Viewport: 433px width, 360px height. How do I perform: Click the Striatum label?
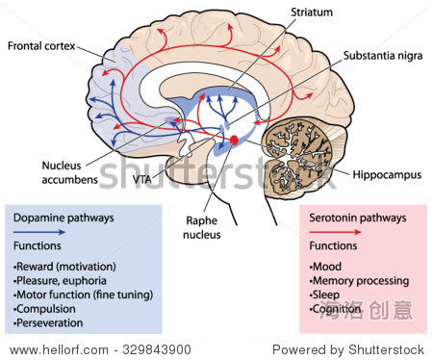coord(312,13)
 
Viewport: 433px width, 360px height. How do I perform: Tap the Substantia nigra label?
coord(383,56)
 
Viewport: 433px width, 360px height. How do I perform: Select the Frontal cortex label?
coord(41,46)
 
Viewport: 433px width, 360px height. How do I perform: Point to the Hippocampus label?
coord(387,175)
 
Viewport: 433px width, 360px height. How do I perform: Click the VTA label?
coord(142,179)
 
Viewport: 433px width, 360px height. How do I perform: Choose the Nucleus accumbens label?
coord(69,172)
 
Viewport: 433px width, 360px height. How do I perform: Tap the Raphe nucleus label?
coord(202,227)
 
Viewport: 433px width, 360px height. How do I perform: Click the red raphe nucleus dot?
coord(234,140)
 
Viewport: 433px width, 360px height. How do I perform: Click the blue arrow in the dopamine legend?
coord(39,232)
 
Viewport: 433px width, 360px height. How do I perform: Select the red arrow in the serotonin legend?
coord(335,232)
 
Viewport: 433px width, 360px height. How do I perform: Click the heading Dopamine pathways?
coord(64,218)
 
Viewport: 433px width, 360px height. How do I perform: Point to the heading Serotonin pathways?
coord(358,218)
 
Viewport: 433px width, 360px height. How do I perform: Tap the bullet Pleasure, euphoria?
coord(60,281)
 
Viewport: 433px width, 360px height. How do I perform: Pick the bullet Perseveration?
coord(48,322)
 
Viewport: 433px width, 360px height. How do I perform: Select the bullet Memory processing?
coord(359,281)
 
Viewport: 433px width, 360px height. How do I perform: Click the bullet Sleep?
coord(324,295)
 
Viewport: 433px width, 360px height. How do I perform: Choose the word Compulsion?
coord(46,309)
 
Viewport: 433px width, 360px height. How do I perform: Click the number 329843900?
coord(157,349)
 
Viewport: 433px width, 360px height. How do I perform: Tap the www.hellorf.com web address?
coord(59,349)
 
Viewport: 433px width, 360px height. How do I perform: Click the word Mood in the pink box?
coord(327,267)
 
